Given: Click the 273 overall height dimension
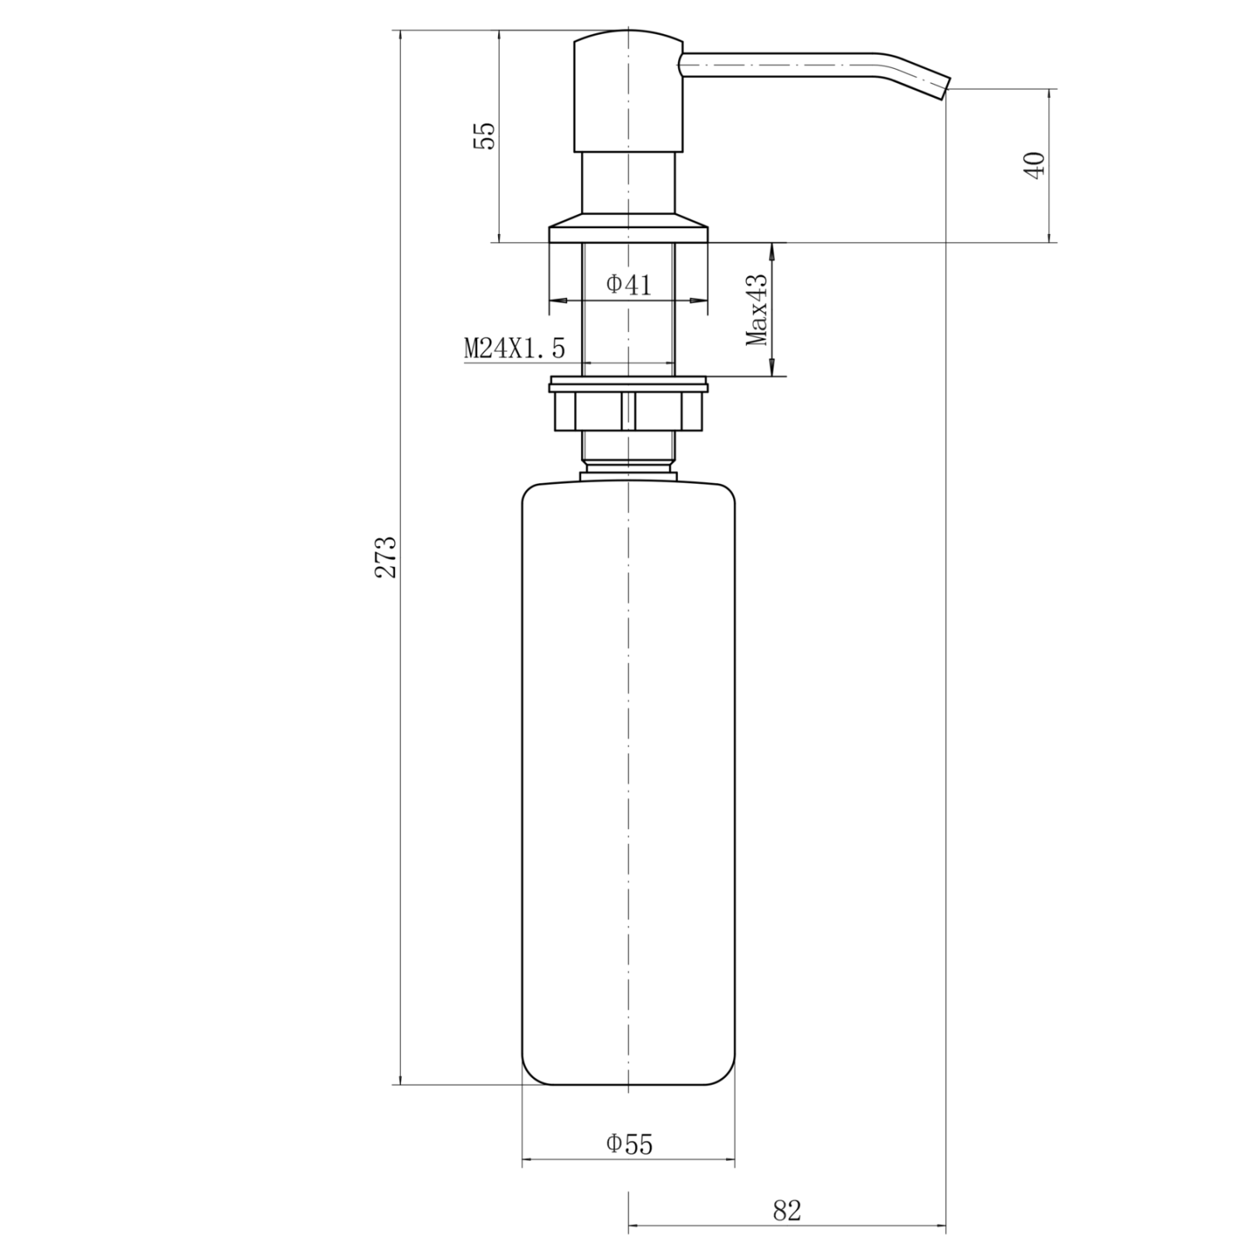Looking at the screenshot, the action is (x=387, y=557).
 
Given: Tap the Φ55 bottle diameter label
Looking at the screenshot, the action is (x=629, y=1144).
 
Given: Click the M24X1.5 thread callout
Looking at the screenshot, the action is (x=515, y=349).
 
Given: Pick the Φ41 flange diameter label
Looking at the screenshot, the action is (x=628, y=285).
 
